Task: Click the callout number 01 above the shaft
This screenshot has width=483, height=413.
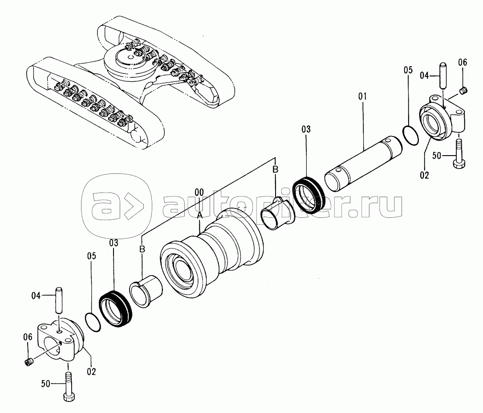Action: [362, 96]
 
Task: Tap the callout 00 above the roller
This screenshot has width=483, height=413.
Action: [199, 192]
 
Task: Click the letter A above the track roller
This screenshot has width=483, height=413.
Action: [199, 216]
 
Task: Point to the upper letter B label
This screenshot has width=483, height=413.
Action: [276, 169]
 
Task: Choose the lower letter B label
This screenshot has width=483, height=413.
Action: [142, 249]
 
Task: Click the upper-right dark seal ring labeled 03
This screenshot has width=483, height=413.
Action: [308, 196]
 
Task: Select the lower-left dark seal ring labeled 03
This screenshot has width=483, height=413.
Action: [115, 309]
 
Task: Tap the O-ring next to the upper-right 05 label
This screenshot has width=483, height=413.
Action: [410, 135]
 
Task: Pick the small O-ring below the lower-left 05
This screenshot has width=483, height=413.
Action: [93, 322]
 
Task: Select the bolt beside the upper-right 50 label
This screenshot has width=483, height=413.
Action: [459, 154]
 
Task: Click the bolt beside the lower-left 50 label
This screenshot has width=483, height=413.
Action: [69, 386]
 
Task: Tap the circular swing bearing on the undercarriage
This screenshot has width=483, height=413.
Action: [130, 61]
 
